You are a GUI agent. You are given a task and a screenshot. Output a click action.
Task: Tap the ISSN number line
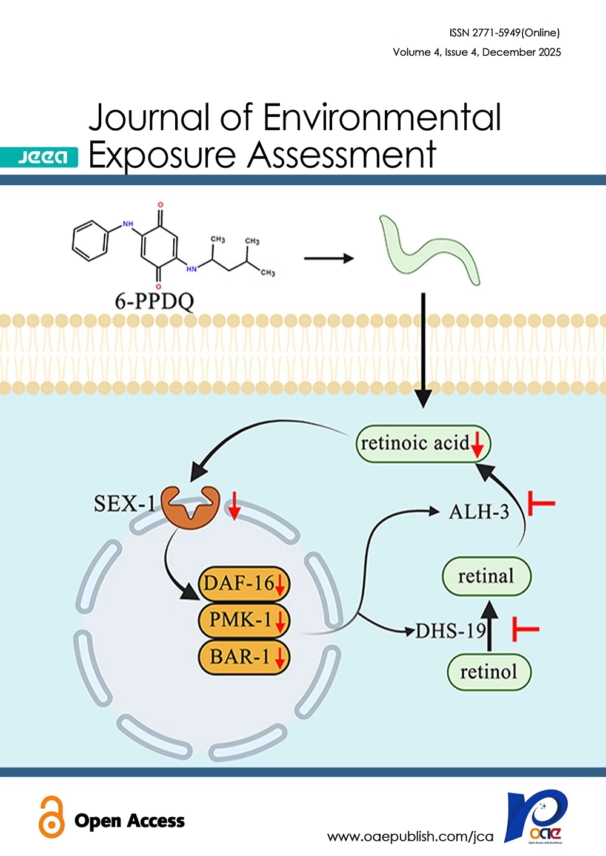click(x=505, y=33)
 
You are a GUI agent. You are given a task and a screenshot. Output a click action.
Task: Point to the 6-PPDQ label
click(x=155, y=300)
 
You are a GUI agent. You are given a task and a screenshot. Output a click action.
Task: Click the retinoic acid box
click(x=422, y=444)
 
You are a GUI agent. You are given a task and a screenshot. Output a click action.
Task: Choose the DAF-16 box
click(x=244, y=584)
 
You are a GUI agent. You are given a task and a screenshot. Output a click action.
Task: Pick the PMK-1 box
click(x=244, y=620)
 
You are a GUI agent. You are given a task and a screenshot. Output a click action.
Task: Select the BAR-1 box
click(x=244, y=656)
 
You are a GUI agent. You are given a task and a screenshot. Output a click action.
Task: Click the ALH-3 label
click(x=479, y=512)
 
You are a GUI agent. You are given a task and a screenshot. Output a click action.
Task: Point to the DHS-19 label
click(x=451, y=631)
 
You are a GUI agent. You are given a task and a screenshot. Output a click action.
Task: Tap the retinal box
click(x=486, y=576)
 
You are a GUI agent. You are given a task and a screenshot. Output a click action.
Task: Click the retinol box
click(x=488, y=671)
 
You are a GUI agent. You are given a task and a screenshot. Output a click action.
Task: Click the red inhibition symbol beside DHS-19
click(x=525, y=629)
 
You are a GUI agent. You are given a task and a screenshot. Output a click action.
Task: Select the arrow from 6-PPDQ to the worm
click(x=328, y=258)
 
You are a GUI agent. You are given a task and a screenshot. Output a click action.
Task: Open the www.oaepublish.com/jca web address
click(x=410, y=837)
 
